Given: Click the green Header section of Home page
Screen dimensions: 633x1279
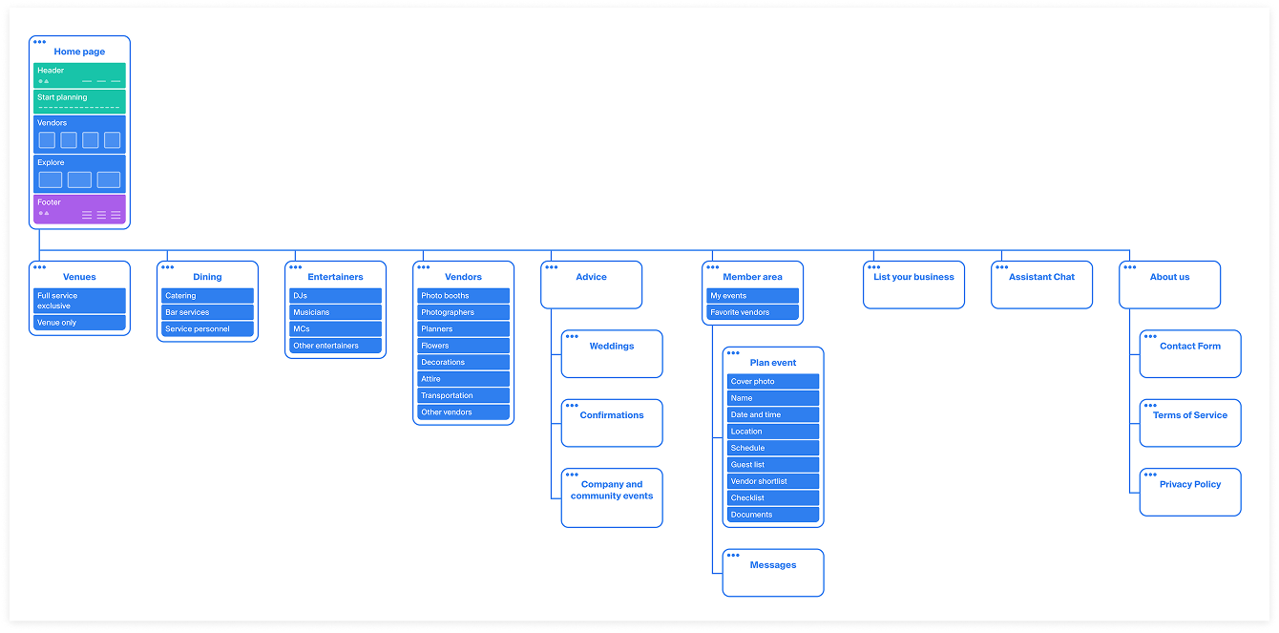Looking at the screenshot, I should [79, 74].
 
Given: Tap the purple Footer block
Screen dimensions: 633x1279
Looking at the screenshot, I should [79, 208].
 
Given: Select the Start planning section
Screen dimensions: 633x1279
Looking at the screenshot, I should [79, 100].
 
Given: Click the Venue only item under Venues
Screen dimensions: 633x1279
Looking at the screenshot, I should [79, 323].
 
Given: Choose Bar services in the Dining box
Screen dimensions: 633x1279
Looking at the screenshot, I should [207, 312].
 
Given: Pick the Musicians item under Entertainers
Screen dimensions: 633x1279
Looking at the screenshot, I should [335, 312].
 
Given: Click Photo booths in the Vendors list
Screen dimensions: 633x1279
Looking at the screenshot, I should [463, 296].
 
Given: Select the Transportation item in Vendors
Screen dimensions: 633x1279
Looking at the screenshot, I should [463, 395].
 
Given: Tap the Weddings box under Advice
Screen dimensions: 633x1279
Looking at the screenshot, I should [612, 353].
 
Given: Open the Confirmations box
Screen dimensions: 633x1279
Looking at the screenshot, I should [612, 422].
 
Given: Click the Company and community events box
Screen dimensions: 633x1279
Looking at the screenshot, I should [612, 496].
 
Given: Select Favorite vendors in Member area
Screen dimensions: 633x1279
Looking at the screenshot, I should [752, 312].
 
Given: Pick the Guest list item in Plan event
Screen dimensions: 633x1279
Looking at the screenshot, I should [772, 465].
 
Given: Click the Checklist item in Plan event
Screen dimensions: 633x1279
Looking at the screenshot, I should [772, 497].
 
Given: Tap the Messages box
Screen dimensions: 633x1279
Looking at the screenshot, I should [773, 572].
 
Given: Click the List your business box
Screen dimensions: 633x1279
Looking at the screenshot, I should [913, 285].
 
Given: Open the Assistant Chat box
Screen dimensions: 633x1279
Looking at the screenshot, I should [1041, 285].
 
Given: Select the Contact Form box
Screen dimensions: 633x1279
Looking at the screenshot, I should [1190, 353].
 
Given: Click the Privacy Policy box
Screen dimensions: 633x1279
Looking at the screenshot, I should [1190, 491].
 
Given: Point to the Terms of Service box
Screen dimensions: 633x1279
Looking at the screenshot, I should [1190, 422].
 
